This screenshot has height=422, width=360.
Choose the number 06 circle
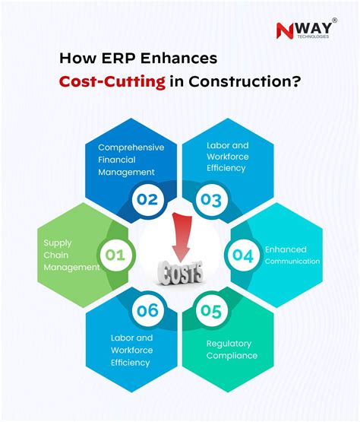click(x=147, y=310)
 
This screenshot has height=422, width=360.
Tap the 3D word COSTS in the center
click(x=179, y=271)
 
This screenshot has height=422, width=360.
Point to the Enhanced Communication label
click(x=292, y=254)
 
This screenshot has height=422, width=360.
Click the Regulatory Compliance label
click(x=232, y=349)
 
